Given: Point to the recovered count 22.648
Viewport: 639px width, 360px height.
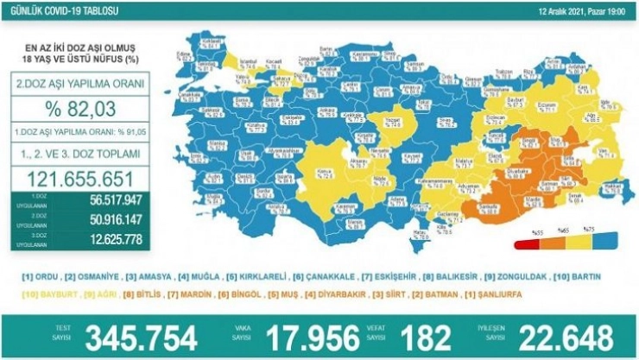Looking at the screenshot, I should coord(561,336).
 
